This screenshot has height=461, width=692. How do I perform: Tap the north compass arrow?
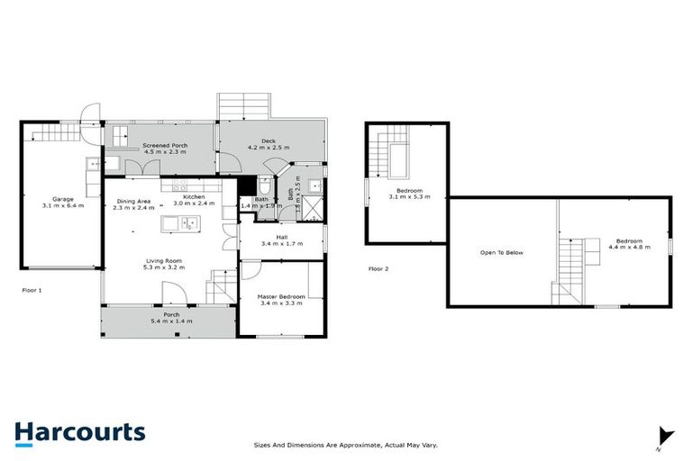point(665,436)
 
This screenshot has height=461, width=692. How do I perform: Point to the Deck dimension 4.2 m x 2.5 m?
point(268,149)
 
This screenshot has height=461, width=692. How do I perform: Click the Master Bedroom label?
point(282,296)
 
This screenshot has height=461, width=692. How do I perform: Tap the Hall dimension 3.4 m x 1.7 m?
point(280,244)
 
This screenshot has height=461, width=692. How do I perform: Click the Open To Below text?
point(502,252)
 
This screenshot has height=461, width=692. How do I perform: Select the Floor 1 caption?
point(32,290)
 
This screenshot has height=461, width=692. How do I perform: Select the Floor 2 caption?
point(379,268)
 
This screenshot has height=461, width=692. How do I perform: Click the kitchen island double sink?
point(187,222)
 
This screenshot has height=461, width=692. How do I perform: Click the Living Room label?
point(164,262)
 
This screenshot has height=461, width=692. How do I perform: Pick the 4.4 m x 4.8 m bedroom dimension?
point(628,248)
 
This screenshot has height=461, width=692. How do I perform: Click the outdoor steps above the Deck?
point(243,105)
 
